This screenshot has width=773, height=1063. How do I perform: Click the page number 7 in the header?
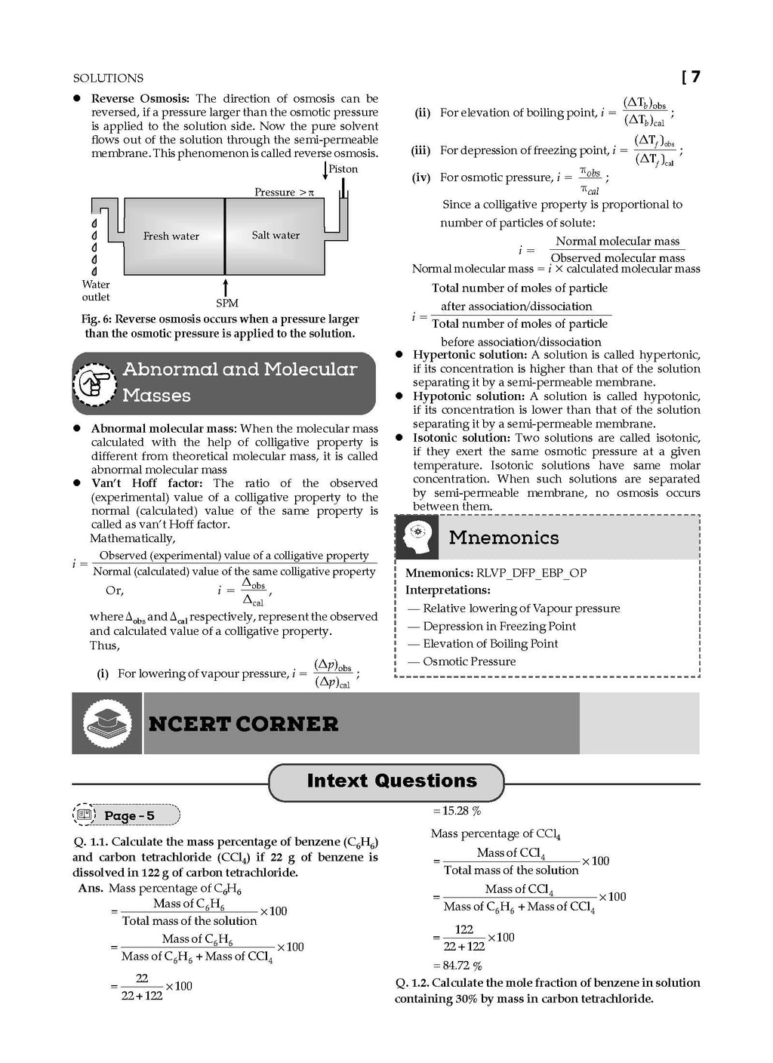click(x=694, y=77)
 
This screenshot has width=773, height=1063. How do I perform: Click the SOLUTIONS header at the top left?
click(x=108, y=78)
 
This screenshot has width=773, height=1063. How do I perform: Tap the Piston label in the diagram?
click(x=343, y=169)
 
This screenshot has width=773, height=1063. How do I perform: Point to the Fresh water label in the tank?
click(x=171, y=236)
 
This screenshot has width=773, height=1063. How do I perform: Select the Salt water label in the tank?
click(x=276, y=236)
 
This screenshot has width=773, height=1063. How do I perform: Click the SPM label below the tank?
click(x=226, y=303)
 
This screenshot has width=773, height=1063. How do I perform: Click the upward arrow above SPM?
click(x=225, y=287)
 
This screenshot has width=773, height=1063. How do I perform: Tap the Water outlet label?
click(x=96, y=291)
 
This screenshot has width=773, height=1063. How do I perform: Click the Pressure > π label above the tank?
click(x=284, y=193)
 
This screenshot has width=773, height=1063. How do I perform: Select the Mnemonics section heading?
click(x=504, y=538)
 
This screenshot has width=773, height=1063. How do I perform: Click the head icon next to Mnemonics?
click(x=417, y=538)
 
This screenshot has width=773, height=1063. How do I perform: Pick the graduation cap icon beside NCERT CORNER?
click(x=106, y=723)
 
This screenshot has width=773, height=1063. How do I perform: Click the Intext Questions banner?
click(x=392, y=781)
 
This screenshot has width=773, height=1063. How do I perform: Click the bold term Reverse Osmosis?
click(x=140, y=99)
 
